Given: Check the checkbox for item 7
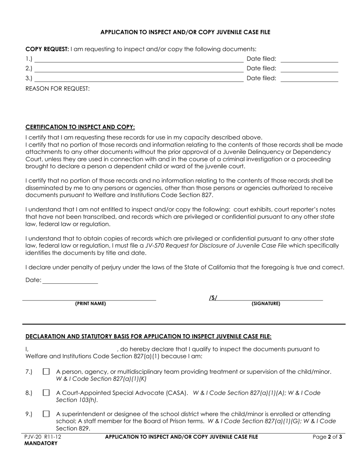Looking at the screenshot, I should pyautogui.click(x=46, y=372).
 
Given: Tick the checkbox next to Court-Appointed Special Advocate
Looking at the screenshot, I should pyautogui.click(x=46, y=393).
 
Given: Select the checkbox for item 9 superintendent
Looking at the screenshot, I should pyautogui.click(x=46, y=414).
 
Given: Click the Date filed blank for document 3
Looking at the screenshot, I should pyautogui.click(x=309, y=78).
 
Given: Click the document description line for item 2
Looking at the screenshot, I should pyautogui.click(x=139, y=69).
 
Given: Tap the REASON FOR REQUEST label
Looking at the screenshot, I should pyautogui.click(x=58, y=89).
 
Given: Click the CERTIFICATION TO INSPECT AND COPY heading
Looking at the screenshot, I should pyautogui.click(x=80, y=127).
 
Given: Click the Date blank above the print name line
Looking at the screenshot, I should pyautogui.click(x=70, y=280).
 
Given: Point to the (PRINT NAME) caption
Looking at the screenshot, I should pyautogui.click(x=91, y=304).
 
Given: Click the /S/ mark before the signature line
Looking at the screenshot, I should pyautogui.click(x=213, y=298).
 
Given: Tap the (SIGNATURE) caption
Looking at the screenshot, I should pyautogui.click(x=266, y=304).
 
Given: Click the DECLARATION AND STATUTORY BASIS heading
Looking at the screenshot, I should pyautogui.click(x=148, y=336).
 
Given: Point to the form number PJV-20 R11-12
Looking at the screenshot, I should pyautogui.click(x=42, y=437).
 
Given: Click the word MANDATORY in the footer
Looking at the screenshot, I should pyautogui.click(x=41, y=443).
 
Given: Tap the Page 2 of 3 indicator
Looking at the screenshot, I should pyautogui.click(x=327, y=437).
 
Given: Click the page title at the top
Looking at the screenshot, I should pyautogui.click(x=185, y=32).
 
